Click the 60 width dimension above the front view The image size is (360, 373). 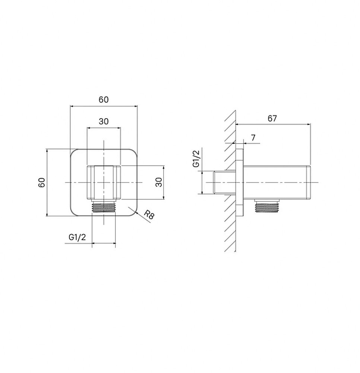104,100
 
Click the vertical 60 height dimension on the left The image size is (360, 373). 42,182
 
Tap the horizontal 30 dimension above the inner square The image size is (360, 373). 104,121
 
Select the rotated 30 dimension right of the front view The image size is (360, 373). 160,182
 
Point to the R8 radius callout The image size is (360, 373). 149,215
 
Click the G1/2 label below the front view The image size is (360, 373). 77,237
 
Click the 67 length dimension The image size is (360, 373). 272,118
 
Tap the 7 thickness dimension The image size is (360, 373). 253,138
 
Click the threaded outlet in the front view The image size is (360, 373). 104,207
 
